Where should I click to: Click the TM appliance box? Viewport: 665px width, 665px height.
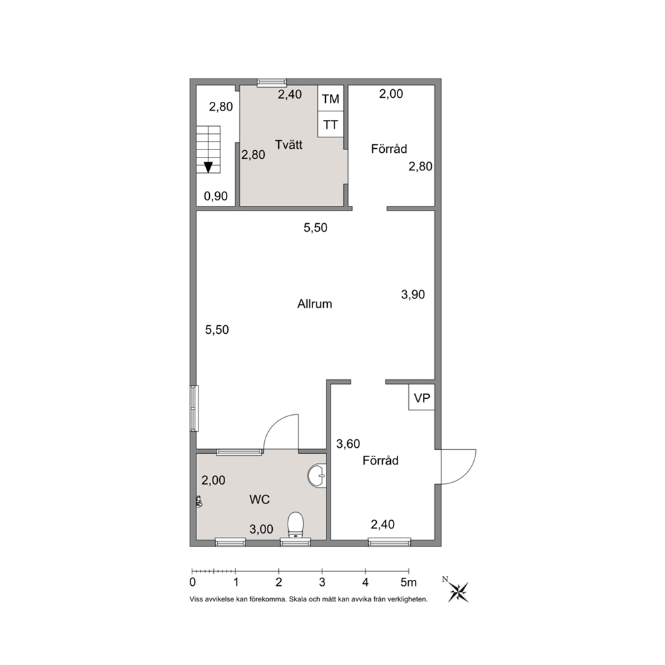[330, 99]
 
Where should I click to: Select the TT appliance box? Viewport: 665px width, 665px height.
[330, 124]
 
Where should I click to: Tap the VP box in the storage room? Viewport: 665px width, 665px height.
[422, 398]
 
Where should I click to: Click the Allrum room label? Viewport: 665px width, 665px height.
[314, 304]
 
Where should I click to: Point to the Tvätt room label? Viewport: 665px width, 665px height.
[288, 145]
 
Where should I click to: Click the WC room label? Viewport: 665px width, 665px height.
[259, 499]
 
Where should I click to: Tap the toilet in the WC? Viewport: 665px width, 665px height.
[296, 525]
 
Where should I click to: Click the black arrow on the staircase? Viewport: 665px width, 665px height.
[208, 167]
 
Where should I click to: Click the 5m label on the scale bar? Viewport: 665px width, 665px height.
[408, 583]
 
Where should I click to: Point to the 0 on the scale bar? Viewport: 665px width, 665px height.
[192, 583]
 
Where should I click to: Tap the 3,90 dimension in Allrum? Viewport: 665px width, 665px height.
[413, 294]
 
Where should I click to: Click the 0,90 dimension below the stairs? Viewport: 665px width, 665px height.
[215, 196]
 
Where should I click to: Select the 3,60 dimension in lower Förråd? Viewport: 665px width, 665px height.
[348, 444]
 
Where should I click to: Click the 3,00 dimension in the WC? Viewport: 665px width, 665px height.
[261, 529]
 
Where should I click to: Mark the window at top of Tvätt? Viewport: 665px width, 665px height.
[272, 82]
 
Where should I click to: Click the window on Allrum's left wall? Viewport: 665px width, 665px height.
[194, 408]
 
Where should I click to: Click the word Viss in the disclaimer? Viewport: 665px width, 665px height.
[196, 599]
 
